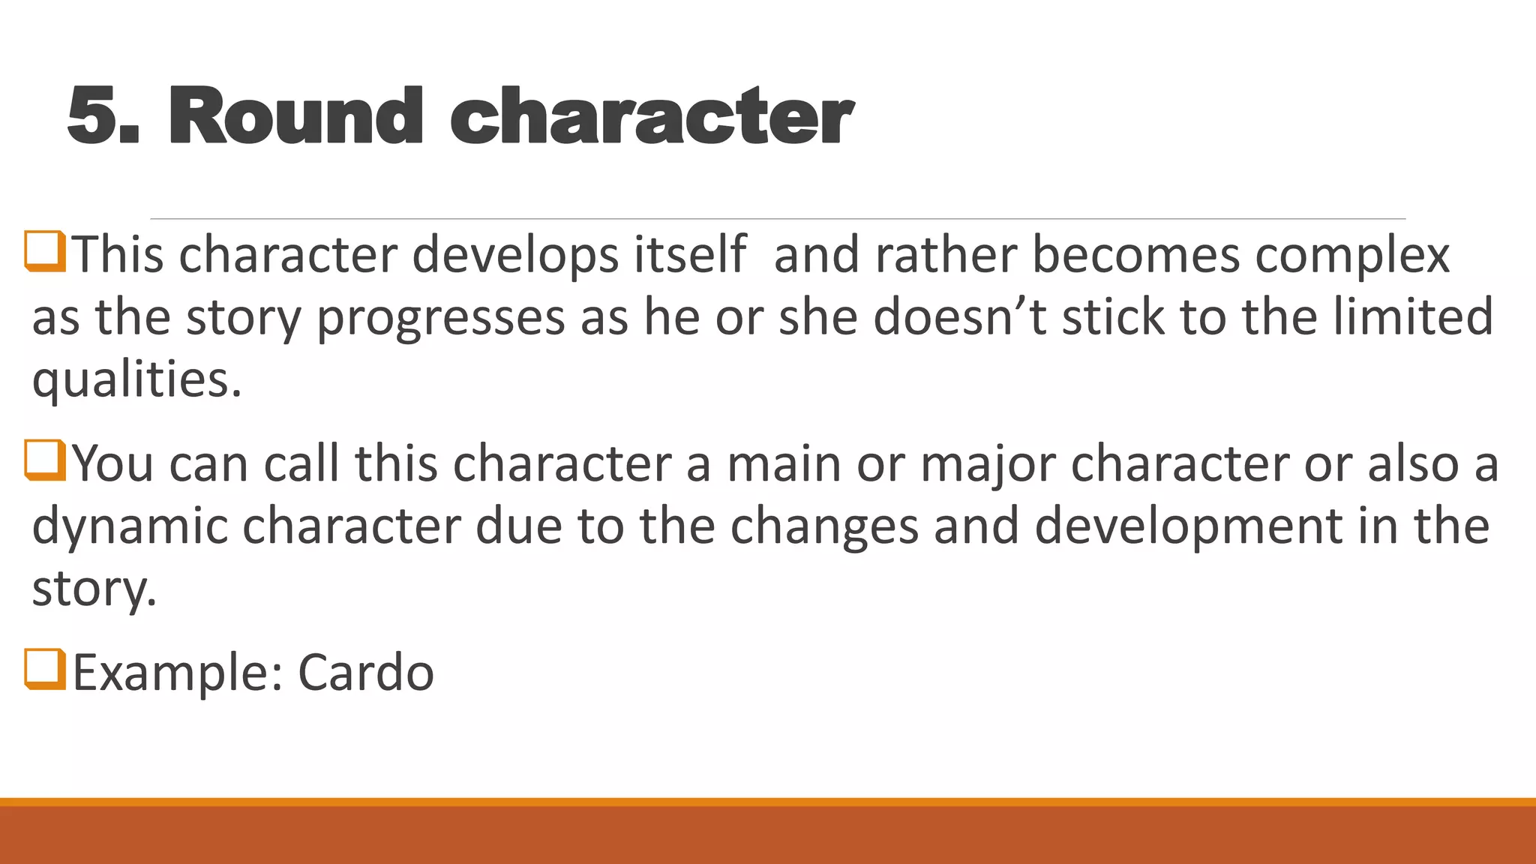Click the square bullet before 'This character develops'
pyautogui.click(x=46, y=251)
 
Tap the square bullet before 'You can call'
pyautogui.click(x=46, y=460)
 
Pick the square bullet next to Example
pyautogui.click(x=46, y=669)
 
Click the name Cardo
pyautogui.click(x=365, y=672)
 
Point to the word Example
pyautogui.click(x=177, y=672)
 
